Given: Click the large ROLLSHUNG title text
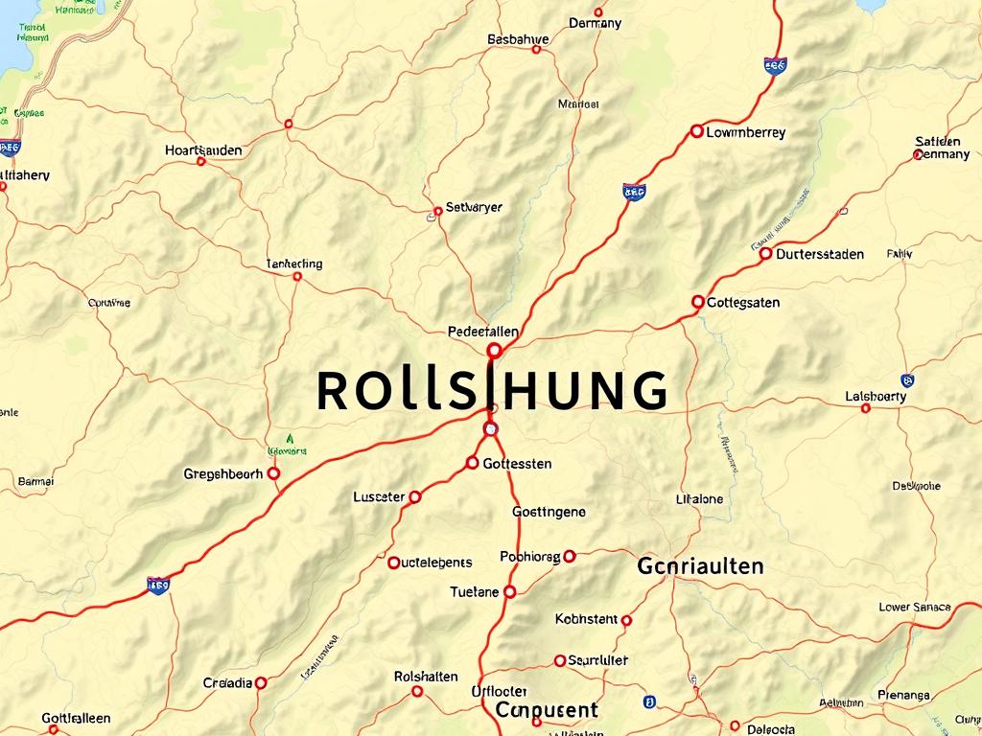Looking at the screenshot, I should click(x=491, y=390).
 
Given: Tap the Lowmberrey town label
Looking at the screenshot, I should click(x=745, y=133).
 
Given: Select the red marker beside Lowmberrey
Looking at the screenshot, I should click(x=696, y=131).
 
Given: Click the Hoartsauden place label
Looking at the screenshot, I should click(x=203, y=150).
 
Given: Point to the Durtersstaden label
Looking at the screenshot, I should click(x=820, y=254).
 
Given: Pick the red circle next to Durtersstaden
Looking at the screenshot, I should click(x=765, y=254).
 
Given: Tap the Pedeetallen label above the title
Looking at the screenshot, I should click(x=483, y=332).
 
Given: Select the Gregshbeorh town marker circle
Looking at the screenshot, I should click(x=273, y=473).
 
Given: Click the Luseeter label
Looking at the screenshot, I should click(x=379, y=496).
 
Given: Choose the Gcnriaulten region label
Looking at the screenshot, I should click(x=700, y=565).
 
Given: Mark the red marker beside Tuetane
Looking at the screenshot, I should click(x=510, y=592).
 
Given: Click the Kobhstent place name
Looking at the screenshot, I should click(x=586, y=619).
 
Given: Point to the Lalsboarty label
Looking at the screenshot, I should click(x=876, y=396).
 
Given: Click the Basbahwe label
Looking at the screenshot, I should click(x=518, y=39).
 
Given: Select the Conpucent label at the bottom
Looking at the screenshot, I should click(x=547, y=710).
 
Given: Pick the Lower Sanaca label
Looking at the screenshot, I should click(x=915, y=607).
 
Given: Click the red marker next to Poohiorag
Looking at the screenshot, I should click(x=570, y=556).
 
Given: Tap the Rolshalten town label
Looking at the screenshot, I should click(x=426, y=677).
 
